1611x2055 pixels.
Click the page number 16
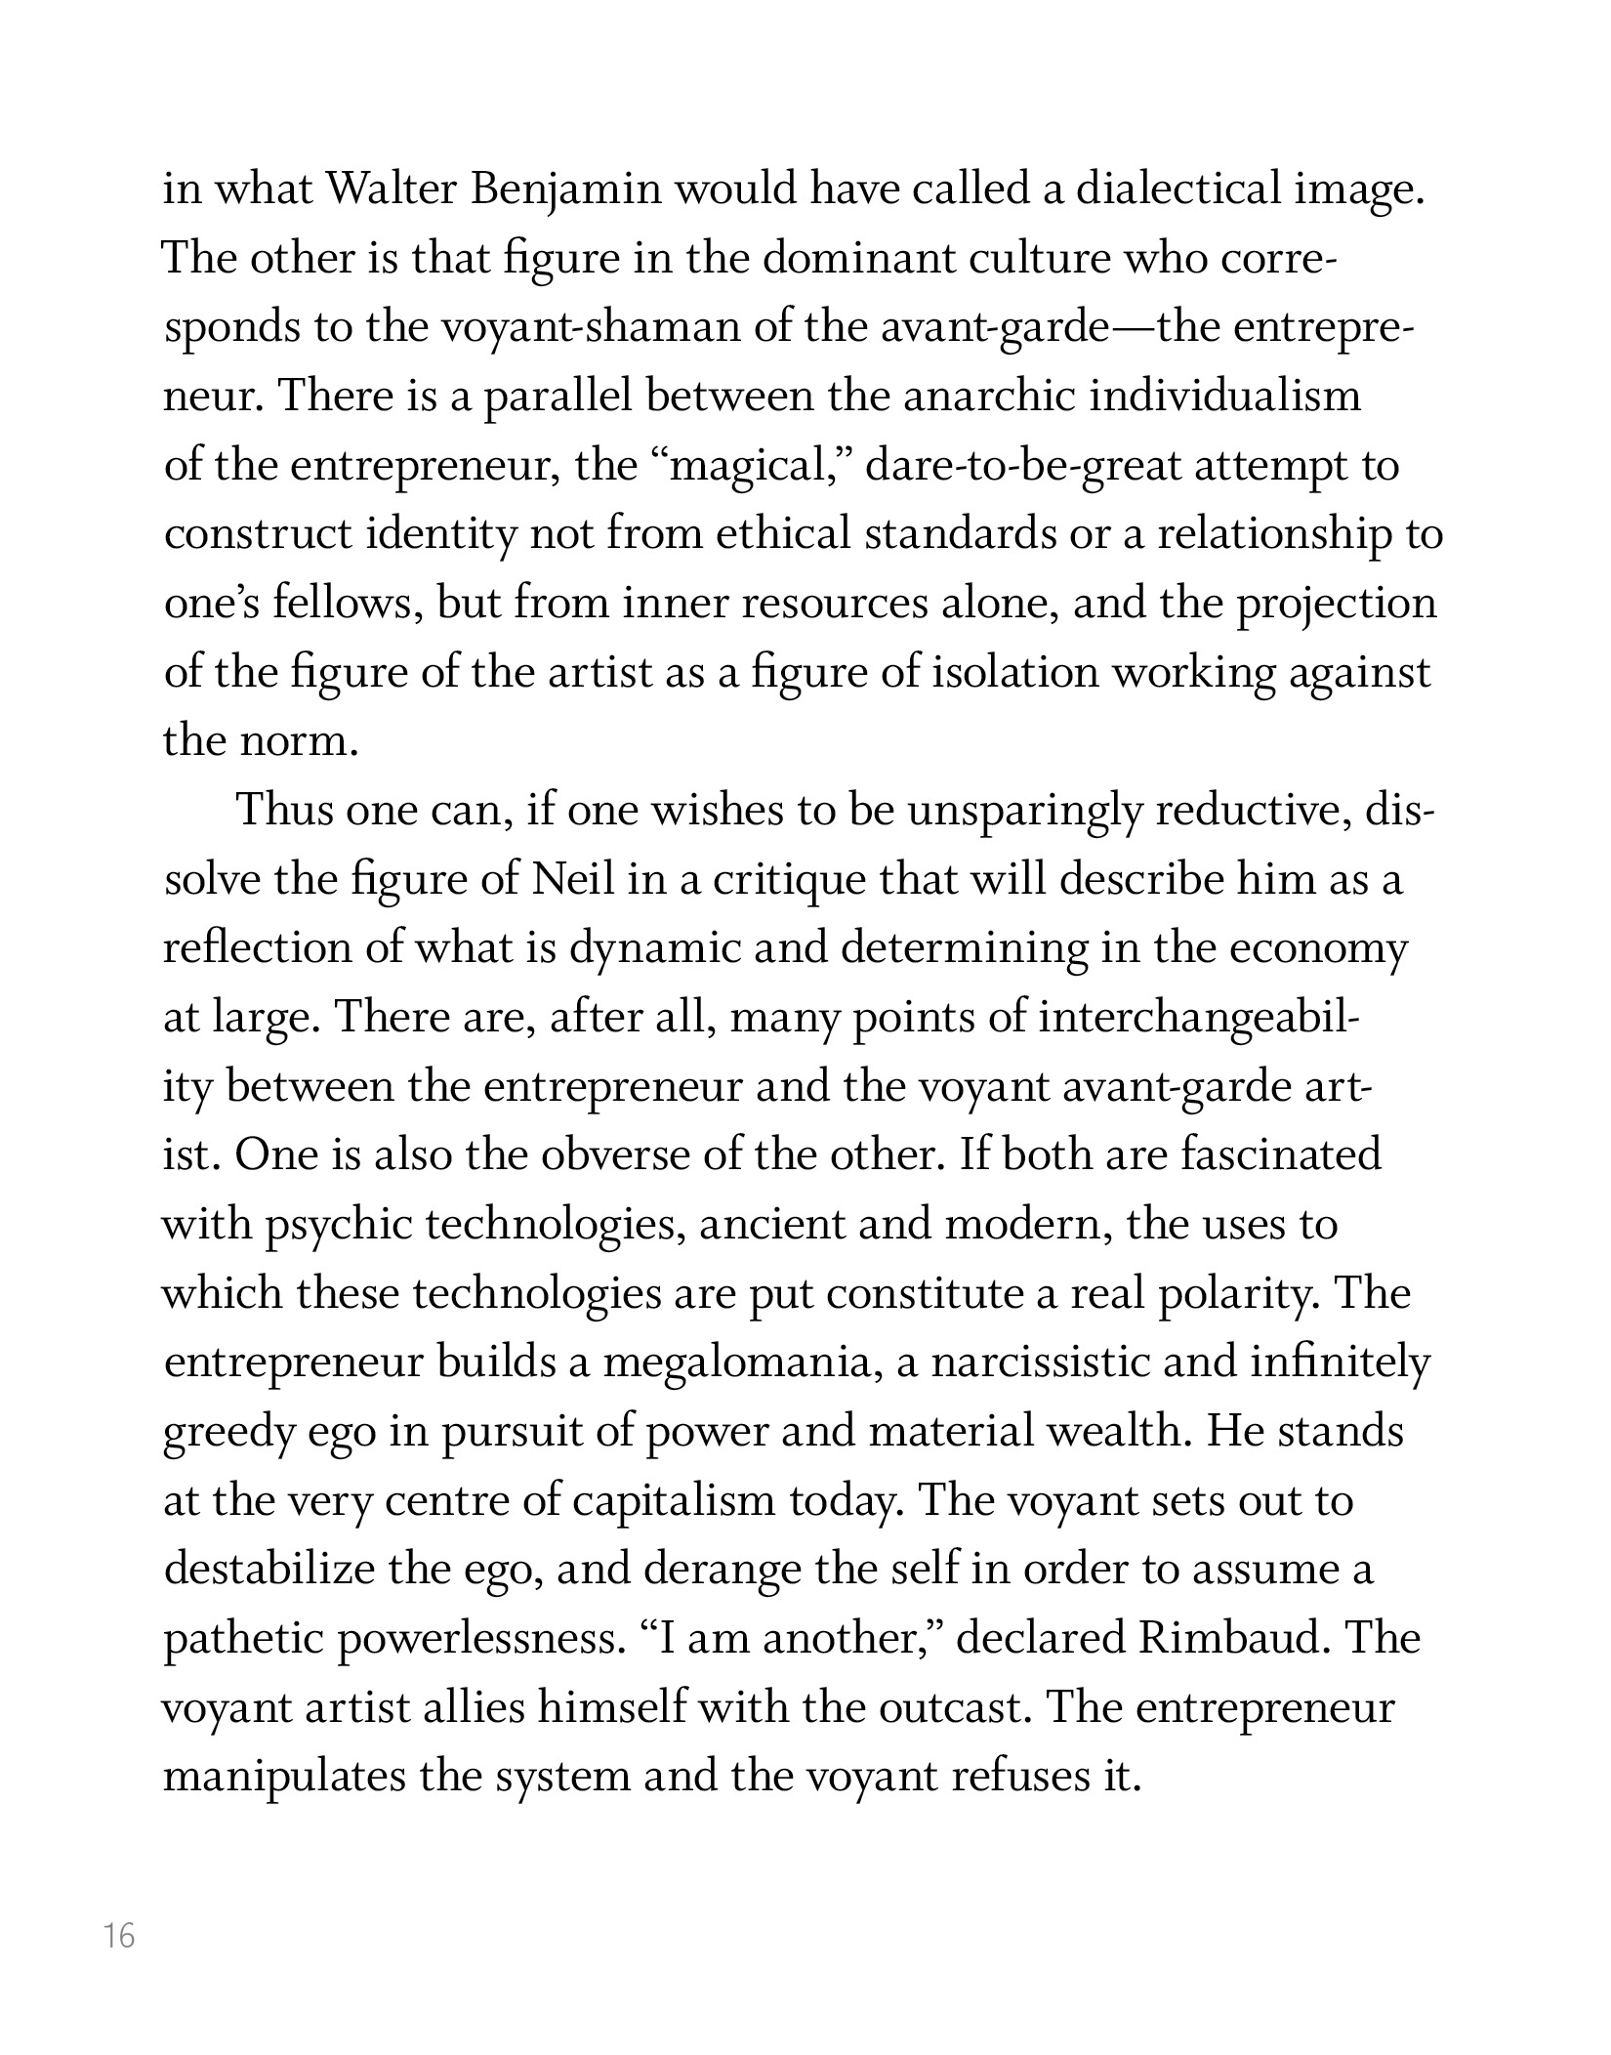point(119,1935)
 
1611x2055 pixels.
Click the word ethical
point(784,534)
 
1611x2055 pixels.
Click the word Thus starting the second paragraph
point(284,811)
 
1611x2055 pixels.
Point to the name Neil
point(574,879)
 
